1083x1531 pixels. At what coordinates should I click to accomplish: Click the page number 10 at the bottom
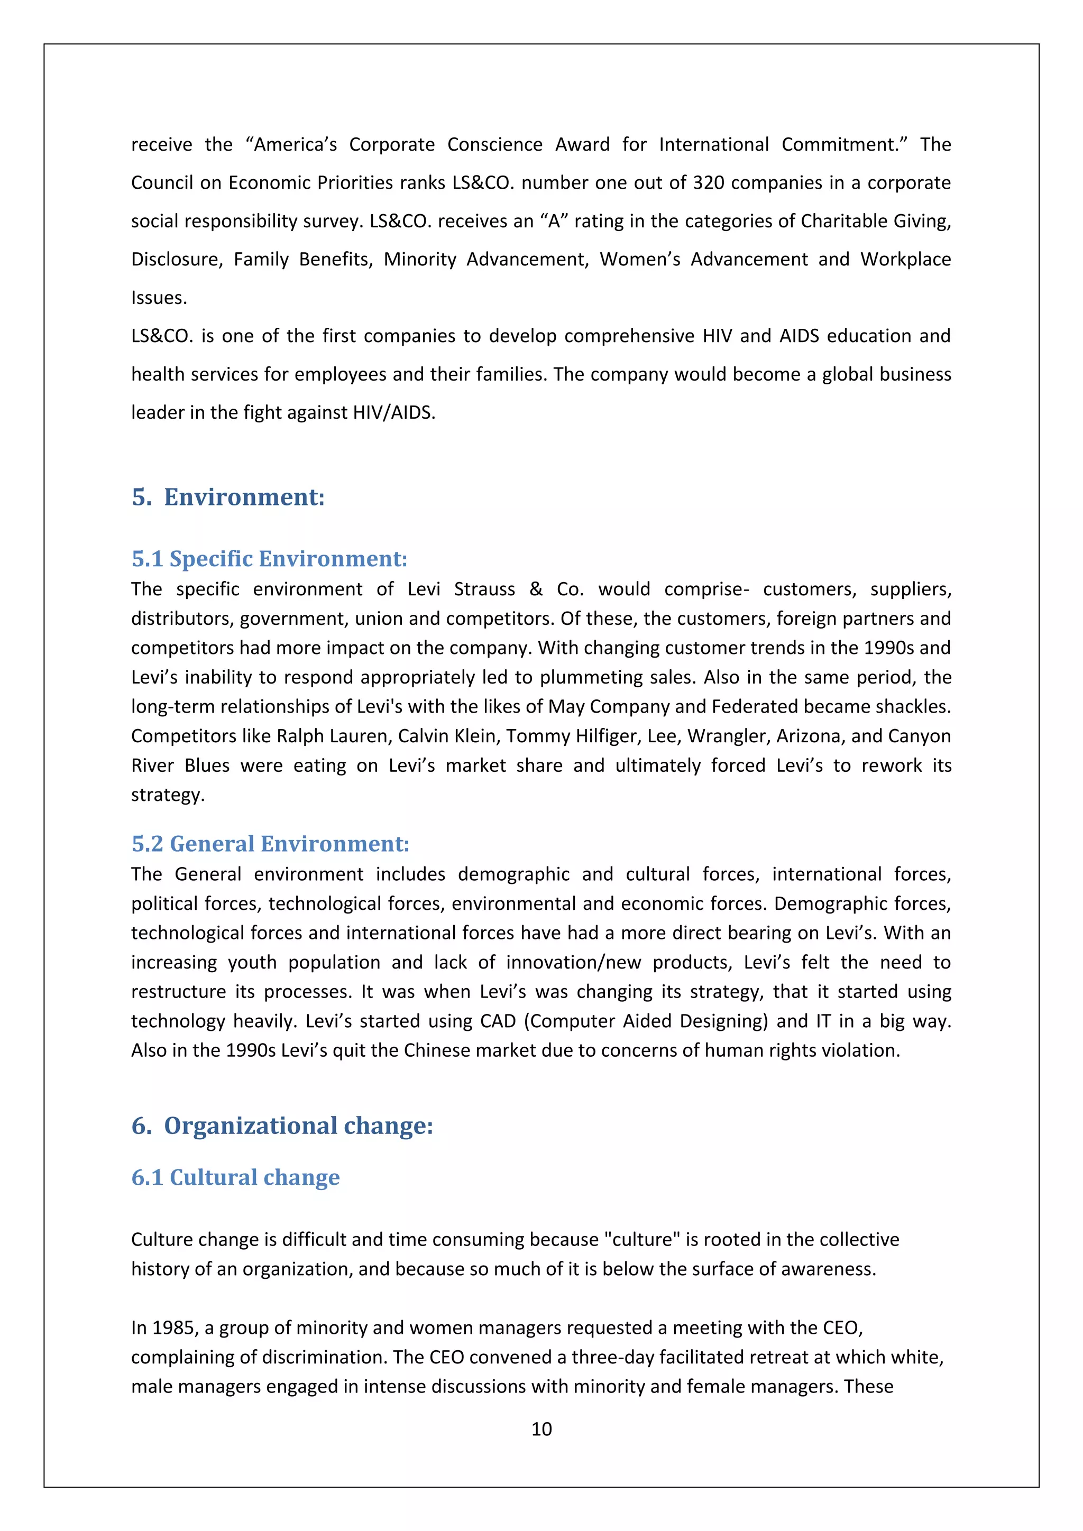coord(541,1428)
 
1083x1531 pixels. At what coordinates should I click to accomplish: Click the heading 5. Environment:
coord(228,497)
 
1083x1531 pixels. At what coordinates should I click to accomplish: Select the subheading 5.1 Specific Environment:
coord(269,558)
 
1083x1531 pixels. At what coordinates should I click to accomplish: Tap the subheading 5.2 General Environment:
coord(270,844)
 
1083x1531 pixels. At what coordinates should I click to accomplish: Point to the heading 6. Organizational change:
coord(282,1126)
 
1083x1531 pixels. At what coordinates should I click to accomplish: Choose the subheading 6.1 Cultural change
coord(235,1177)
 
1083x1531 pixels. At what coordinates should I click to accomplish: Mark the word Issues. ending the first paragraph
coord(159,298)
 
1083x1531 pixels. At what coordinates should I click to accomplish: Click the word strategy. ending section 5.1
coord(168,795)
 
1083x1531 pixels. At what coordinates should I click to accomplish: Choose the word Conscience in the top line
coord(495,145)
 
